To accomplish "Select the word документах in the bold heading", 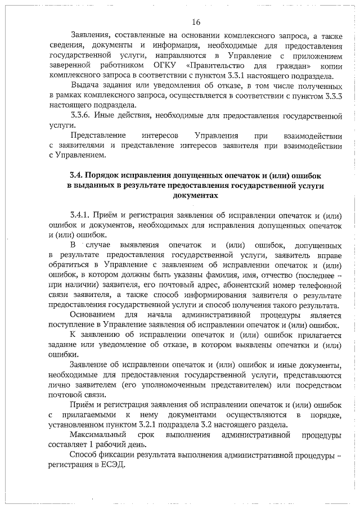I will pyautogui.click(x=195, y=195).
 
